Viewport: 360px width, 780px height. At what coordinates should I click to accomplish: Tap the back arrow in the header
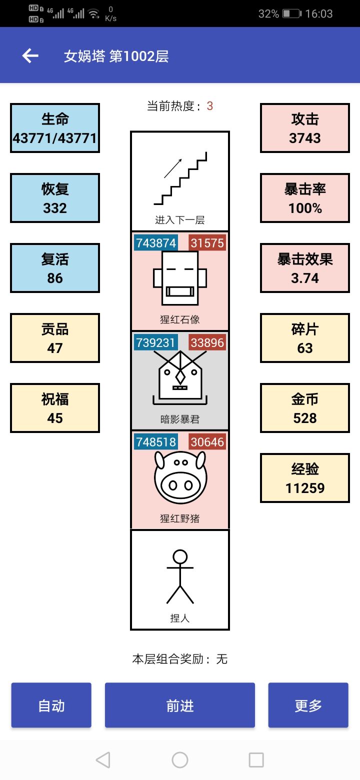30,55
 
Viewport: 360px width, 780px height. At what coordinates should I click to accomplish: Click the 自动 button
51,705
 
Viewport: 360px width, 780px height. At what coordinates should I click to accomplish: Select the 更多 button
308,705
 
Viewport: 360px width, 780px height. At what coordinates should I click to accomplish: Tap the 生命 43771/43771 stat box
55,128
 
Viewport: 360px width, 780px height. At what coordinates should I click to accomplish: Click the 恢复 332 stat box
55,198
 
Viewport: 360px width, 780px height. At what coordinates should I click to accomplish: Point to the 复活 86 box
55,268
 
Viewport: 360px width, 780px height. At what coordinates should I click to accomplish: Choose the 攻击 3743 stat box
305,128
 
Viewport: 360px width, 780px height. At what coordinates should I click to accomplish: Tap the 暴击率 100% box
305,198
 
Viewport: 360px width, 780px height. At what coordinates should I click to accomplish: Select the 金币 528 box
305,408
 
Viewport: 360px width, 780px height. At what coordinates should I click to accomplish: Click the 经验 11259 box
305,478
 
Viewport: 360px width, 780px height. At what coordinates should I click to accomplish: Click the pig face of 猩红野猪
180,477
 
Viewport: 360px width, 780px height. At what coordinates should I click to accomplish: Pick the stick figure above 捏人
180,576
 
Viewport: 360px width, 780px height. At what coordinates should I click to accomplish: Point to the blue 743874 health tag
156,242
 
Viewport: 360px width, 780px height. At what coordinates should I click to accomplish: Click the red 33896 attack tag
207,342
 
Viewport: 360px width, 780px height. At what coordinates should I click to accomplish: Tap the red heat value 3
209,106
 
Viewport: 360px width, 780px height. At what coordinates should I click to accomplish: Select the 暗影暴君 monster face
180,377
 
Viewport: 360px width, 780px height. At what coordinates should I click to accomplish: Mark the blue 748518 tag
156,442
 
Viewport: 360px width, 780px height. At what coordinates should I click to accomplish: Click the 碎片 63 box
305,338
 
